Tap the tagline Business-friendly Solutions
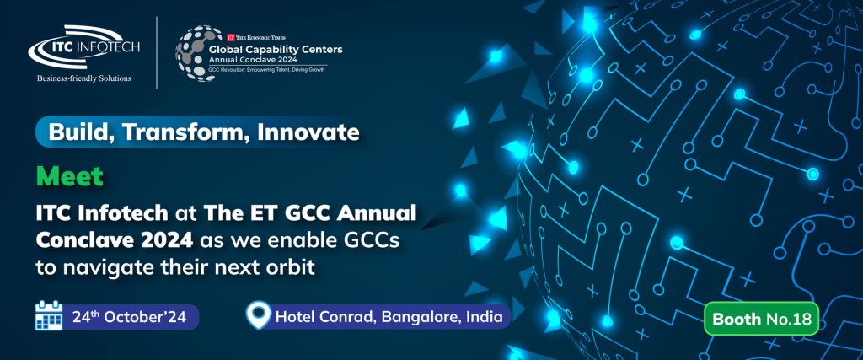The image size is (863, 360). (x=84, y=78)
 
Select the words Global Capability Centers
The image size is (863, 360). (x=276, y=50)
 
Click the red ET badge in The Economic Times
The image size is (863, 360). (x=231, y=37)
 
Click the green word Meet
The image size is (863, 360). (x=69, y=176)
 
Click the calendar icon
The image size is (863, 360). (x=48, y=315)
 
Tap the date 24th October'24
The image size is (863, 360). (x=131, y=317)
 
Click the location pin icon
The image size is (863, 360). (x=259, y=315)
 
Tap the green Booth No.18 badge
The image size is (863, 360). (x=761, y=318)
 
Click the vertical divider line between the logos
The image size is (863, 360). (x=157, y=53)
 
